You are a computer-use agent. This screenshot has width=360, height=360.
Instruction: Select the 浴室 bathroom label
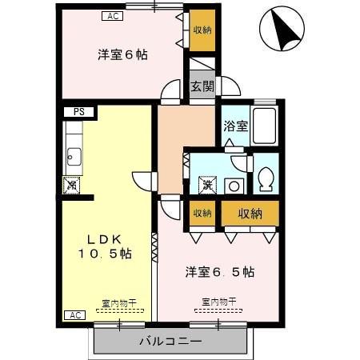(234, 126)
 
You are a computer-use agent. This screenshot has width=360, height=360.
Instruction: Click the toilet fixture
(266, 178)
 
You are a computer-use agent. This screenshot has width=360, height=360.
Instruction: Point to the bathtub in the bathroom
(264, 125)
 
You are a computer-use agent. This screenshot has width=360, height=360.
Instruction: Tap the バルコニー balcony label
(170, 342)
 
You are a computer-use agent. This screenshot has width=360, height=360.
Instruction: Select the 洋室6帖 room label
(122, 54)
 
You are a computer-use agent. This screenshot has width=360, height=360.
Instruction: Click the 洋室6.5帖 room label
(220, 271)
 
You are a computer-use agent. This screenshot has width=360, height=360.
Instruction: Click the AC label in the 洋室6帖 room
(112, 15)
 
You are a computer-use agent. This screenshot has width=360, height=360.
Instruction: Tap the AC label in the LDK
(75, 315)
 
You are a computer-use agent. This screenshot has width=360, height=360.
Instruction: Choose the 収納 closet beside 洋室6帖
(202, 30)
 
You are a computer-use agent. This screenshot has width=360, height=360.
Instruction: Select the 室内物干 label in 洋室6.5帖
(218, 302)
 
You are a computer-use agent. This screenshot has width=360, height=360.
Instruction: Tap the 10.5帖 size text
(105, 254)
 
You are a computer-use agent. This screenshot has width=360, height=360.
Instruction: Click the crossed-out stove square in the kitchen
(72, 185)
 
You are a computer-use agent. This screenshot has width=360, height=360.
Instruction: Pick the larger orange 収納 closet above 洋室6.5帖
(250, 213)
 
